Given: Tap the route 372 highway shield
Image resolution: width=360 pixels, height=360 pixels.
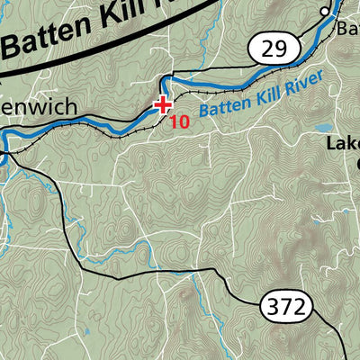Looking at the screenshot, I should [288, 307].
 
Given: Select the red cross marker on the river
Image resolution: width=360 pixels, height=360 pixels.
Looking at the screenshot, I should [163, 104].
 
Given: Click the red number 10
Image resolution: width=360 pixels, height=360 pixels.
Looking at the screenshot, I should [179, 121].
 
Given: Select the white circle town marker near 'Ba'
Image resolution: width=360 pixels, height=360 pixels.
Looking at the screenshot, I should [325, 11].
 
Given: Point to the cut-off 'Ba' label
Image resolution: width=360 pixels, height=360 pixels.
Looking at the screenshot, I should [348, 29].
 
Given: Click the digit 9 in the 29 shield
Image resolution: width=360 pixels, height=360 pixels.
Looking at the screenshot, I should [280, 47].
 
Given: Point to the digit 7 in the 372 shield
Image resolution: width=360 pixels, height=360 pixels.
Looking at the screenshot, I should [288, 307].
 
